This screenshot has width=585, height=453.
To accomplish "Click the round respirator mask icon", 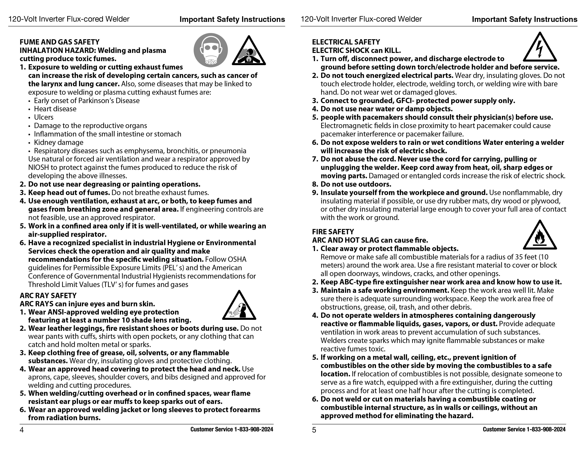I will tap(211, 50).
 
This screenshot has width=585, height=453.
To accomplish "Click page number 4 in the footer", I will tap(22, 430).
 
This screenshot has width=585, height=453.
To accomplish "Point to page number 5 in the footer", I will tap(314, 430).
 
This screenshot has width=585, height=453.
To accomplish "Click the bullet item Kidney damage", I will tap(58, 142).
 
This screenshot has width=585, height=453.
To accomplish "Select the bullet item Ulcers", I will tap(44, 117).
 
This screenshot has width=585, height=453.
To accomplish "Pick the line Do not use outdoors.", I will tap(356, 184).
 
